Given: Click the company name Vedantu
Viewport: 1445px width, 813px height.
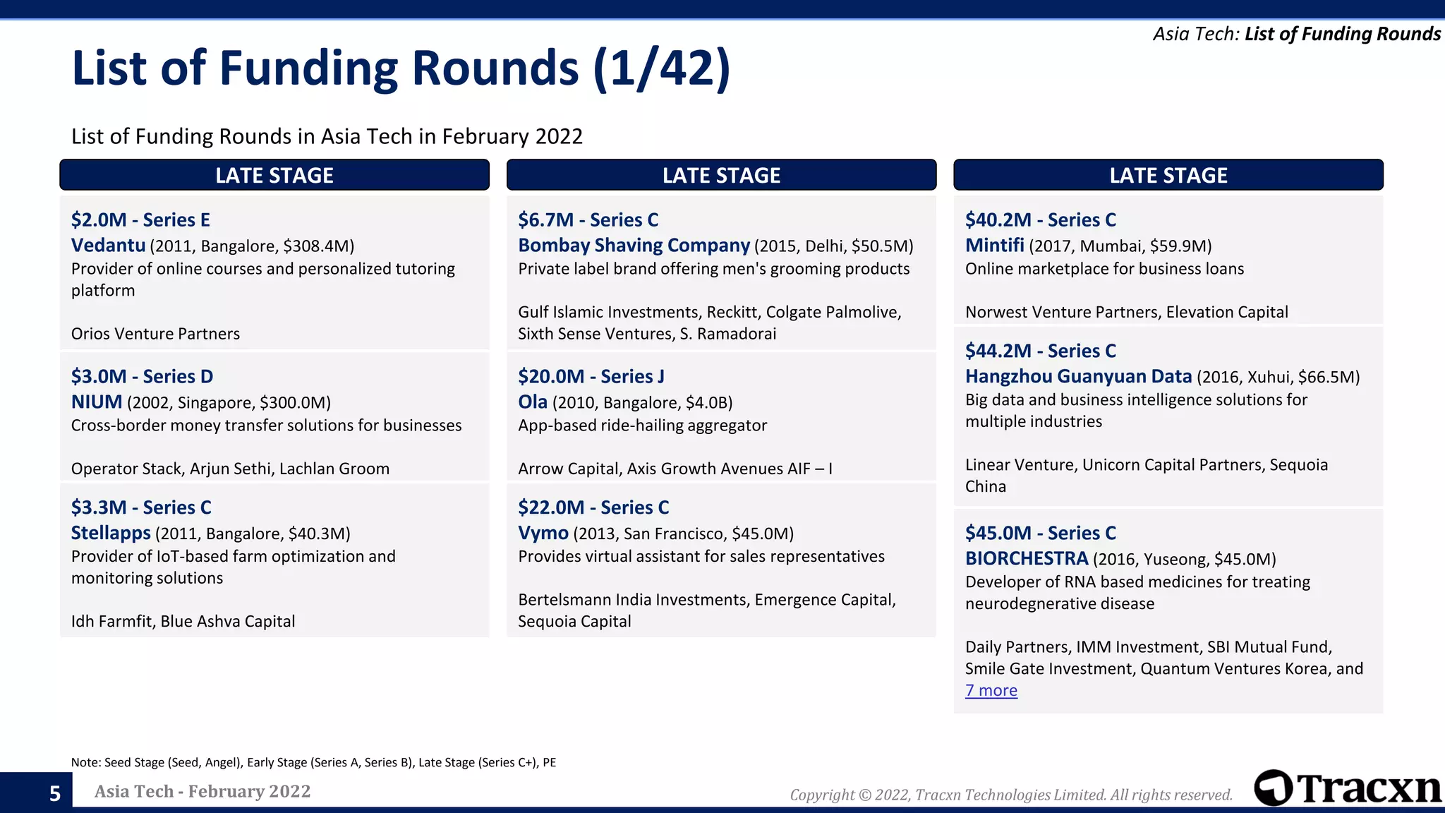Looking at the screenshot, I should click(108, 246).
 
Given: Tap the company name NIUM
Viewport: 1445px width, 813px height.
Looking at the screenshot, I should click(97, 402).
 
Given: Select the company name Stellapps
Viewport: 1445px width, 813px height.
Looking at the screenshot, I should click(111, 533).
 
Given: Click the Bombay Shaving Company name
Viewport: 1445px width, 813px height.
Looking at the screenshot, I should click(634, 246).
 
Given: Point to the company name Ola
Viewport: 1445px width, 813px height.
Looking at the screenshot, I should click(533, 402).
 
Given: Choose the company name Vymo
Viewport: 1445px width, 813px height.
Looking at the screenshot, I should click(543, 533).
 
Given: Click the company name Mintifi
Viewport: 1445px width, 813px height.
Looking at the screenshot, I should click(994, 246).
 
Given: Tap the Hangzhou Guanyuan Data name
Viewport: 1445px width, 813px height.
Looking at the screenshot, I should click(1078, 377).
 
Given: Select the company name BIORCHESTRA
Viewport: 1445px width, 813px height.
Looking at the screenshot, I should click(1027, 559).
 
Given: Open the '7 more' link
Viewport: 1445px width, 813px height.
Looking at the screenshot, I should click(991, 691).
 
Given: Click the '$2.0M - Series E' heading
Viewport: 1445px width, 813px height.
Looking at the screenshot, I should click(140, 220).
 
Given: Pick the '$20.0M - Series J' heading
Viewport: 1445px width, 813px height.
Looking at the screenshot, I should click(591, 377).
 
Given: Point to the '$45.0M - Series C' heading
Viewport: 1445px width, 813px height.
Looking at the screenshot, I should click(1041, 534).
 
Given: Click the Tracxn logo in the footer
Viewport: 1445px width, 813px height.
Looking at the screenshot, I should click(1348, 788).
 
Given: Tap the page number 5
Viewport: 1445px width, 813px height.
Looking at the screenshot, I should click(55, 794).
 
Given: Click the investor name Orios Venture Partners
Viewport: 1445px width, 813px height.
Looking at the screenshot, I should click(155, 334).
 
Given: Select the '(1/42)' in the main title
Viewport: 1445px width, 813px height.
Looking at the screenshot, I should click(661, 68).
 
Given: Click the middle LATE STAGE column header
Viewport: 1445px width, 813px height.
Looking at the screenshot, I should click(721, 175).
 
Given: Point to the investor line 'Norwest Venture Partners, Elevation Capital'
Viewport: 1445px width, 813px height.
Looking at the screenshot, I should click(1126, 313).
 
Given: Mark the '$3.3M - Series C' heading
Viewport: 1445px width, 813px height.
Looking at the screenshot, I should click(141, 507).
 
